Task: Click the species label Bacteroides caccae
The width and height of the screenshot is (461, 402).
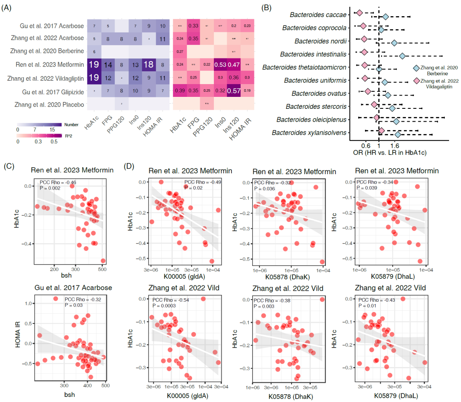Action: (318, 15)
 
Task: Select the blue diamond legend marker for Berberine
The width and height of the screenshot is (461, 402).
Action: (416, 68)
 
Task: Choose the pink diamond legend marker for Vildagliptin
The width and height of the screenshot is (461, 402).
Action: (416, 81)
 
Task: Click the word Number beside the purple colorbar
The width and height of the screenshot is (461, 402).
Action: (71, 125)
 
